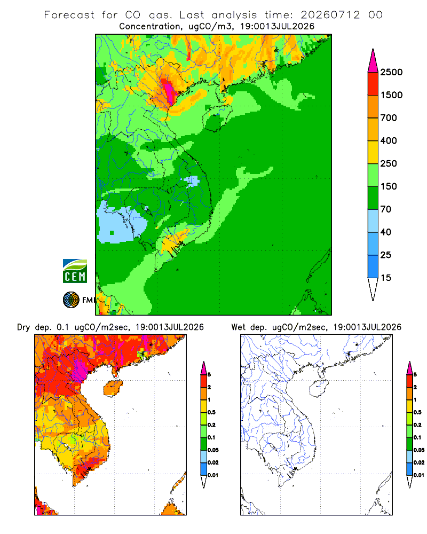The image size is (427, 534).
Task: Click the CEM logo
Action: click(75, 271)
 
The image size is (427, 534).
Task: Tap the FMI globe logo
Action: click(71, 300)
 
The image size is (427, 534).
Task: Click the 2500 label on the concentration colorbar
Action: click(391, 72)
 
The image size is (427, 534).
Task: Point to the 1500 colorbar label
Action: click(391, 95)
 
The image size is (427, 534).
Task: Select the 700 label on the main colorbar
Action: click(389, 118)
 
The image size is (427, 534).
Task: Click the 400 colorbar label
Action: click(389, 140)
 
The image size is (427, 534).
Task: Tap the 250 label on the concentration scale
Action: click(389, 163)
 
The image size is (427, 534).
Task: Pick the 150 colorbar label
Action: click(389, 186)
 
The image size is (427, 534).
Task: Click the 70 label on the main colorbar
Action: click(386, 209)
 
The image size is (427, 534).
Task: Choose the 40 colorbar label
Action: click(386, 232)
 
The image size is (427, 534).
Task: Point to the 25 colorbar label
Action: click(386, 255)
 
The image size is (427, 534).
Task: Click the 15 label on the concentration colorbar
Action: click(386, 278)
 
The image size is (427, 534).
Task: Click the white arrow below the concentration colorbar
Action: click(373, 287)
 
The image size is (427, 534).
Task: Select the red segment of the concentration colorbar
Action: click(373, 84)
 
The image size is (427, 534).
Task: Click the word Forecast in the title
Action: click(69, 15)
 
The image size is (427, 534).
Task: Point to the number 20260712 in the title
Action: click(330, 15)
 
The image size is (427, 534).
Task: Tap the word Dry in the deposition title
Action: click(23, 328)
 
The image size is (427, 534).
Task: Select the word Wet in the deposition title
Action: click(238, 327)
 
